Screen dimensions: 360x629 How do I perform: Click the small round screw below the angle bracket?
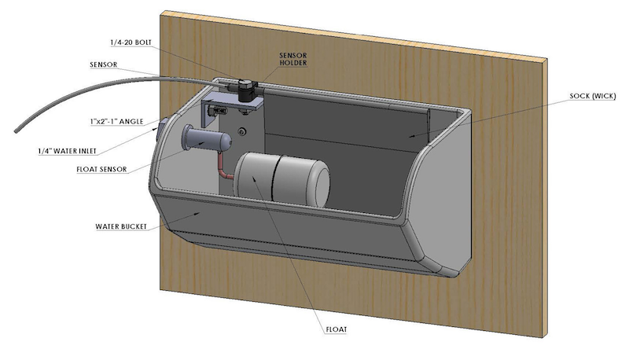tap(244, 129)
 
